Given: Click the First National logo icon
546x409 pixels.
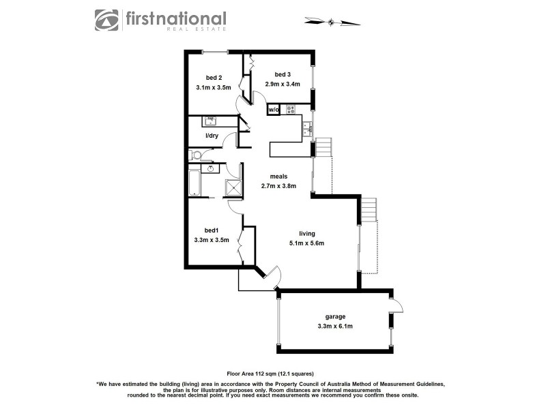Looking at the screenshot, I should click(106, 20).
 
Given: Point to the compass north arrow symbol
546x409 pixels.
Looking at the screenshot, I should click(332, 22).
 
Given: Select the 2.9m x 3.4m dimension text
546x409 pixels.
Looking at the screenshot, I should click(283, 85).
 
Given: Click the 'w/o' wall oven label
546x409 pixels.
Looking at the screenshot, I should click(273, 109).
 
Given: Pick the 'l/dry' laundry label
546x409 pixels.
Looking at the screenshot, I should click(212, 136).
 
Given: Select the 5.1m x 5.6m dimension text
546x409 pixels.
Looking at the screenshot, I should click(306, 243).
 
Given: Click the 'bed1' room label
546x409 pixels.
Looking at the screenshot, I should click(211, 230).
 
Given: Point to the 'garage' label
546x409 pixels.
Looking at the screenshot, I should click(335, 316).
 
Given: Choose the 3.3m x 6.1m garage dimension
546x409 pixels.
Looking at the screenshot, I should click(335, 327).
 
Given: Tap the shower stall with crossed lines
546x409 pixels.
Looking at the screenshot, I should click(233, 187).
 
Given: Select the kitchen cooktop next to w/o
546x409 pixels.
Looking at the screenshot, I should click(291, 109).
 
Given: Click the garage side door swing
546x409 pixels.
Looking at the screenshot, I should click(397, 305).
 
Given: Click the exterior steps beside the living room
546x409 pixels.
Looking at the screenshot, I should click(368, 210).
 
